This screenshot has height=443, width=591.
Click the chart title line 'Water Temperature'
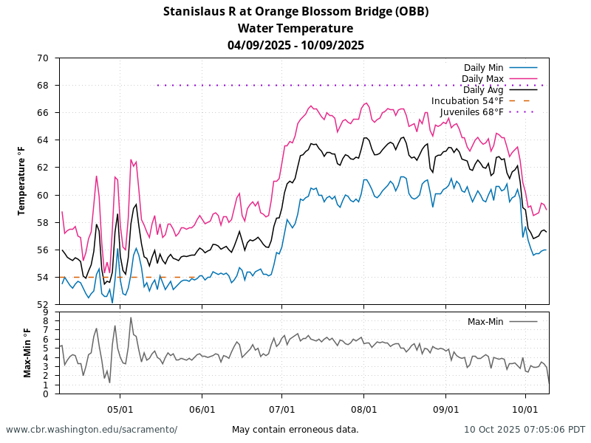295,28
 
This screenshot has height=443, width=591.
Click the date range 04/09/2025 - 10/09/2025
295,45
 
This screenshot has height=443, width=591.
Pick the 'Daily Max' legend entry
482,79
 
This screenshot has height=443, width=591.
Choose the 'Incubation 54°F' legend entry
468,101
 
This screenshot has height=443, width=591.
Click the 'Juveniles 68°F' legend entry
472,112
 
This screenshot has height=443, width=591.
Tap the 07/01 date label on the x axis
282,408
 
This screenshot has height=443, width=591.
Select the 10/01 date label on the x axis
525,408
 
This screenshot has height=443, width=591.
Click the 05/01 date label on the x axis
120,408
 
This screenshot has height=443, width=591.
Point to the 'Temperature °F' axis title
22,181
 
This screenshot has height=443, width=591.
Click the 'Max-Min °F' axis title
27,353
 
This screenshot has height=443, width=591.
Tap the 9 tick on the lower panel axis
46,312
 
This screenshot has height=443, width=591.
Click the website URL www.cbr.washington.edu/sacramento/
92,430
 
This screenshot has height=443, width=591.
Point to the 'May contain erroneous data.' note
295,430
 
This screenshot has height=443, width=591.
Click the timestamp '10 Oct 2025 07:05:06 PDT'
525,430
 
